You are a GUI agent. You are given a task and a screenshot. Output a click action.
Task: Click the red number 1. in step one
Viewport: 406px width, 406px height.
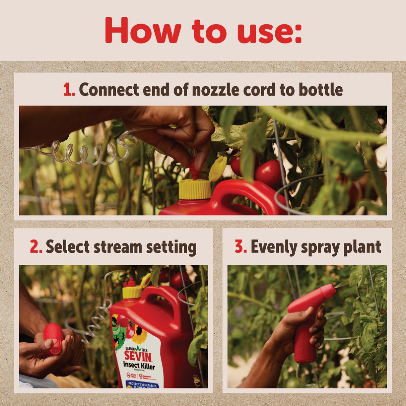[x=69, y=90]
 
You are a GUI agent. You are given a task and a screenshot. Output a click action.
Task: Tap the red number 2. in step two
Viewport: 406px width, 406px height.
[x=36, y=247]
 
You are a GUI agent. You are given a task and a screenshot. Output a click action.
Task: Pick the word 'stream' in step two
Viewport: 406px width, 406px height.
[x=118, y=247]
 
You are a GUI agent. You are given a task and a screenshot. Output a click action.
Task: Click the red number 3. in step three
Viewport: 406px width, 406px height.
[x=241, y=247]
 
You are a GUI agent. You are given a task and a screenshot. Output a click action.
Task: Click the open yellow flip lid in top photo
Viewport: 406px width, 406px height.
[x=218, y=168]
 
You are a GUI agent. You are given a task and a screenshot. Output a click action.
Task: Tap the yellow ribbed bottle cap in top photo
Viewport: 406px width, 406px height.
[x=195, y=189]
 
